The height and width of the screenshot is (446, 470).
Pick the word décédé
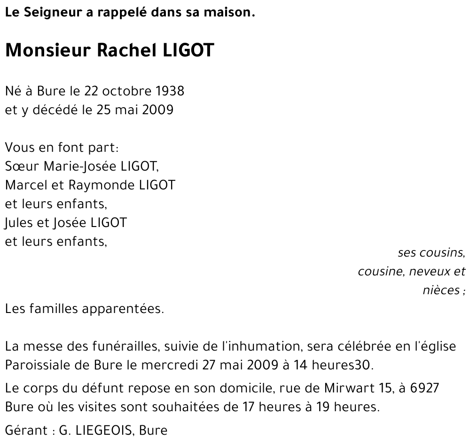[x=56, y=110]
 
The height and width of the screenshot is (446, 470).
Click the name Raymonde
[x=102, y=185]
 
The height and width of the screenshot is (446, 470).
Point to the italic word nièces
[x=441, y=290]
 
